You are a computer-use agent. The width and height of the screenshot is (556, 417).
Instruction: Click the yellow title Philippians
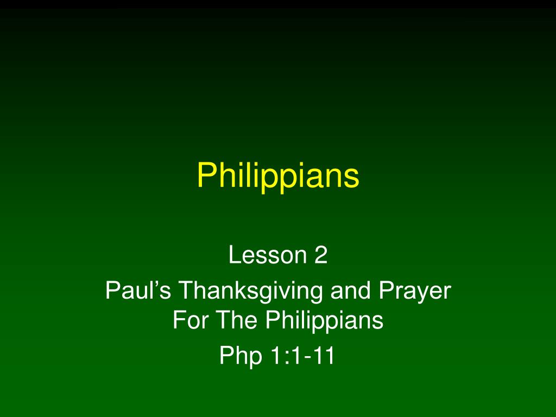point(278,176)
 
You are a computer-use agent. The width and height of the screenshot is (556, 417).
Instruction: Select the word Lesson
point(268,254)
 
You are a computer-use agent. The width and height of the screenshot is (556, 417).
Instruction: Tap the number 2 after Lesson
point(321,254)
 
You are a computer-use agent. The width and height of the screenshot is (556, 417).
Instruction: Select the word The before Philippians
point(236,319)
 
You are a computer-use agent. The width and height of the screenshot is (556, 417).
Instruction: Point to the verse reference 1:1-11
point(302,355)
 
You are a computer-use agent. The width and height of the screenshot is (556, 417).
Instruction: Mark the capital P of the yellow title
point(208,175)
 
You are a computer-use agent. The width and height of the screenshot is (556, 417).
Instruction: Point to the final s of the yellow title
point(352,178)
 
